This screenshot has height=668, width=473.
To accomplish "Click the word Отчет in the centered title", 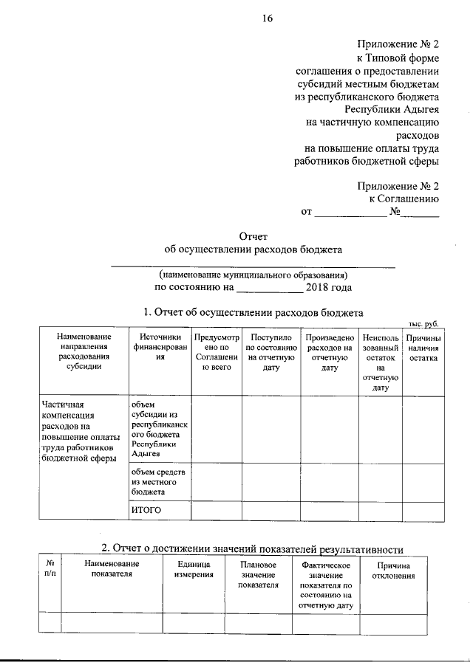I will (x=253, y=236).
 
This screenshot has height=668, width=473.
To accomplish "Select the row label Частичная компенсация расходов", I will (x=78, y=431).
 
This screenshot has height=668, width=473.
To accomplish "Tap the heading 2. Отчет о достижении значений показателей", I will (x=252, y=548).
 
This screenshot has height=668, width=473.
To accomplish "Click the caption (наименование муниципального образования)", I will (x=253, y=274).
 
